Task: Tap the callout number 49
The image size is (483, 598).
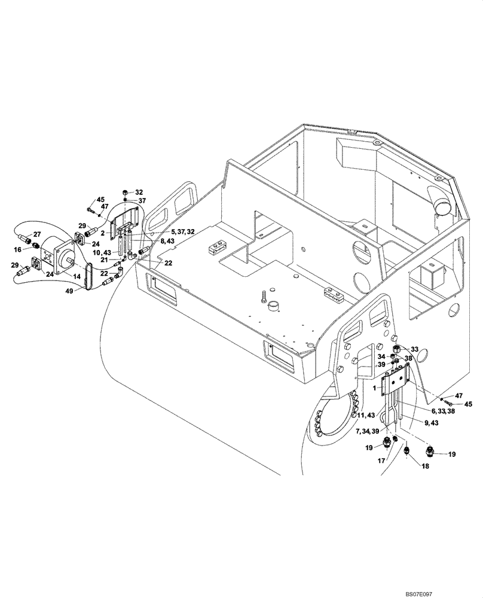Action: (71, 292)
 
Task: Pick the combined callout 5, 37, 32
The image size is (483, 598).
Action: (174, 231)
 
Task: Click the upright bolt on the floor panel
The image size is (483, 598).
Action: (262, 295)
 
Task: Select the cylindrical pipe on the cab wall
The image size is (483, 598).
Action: (443, 206)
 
